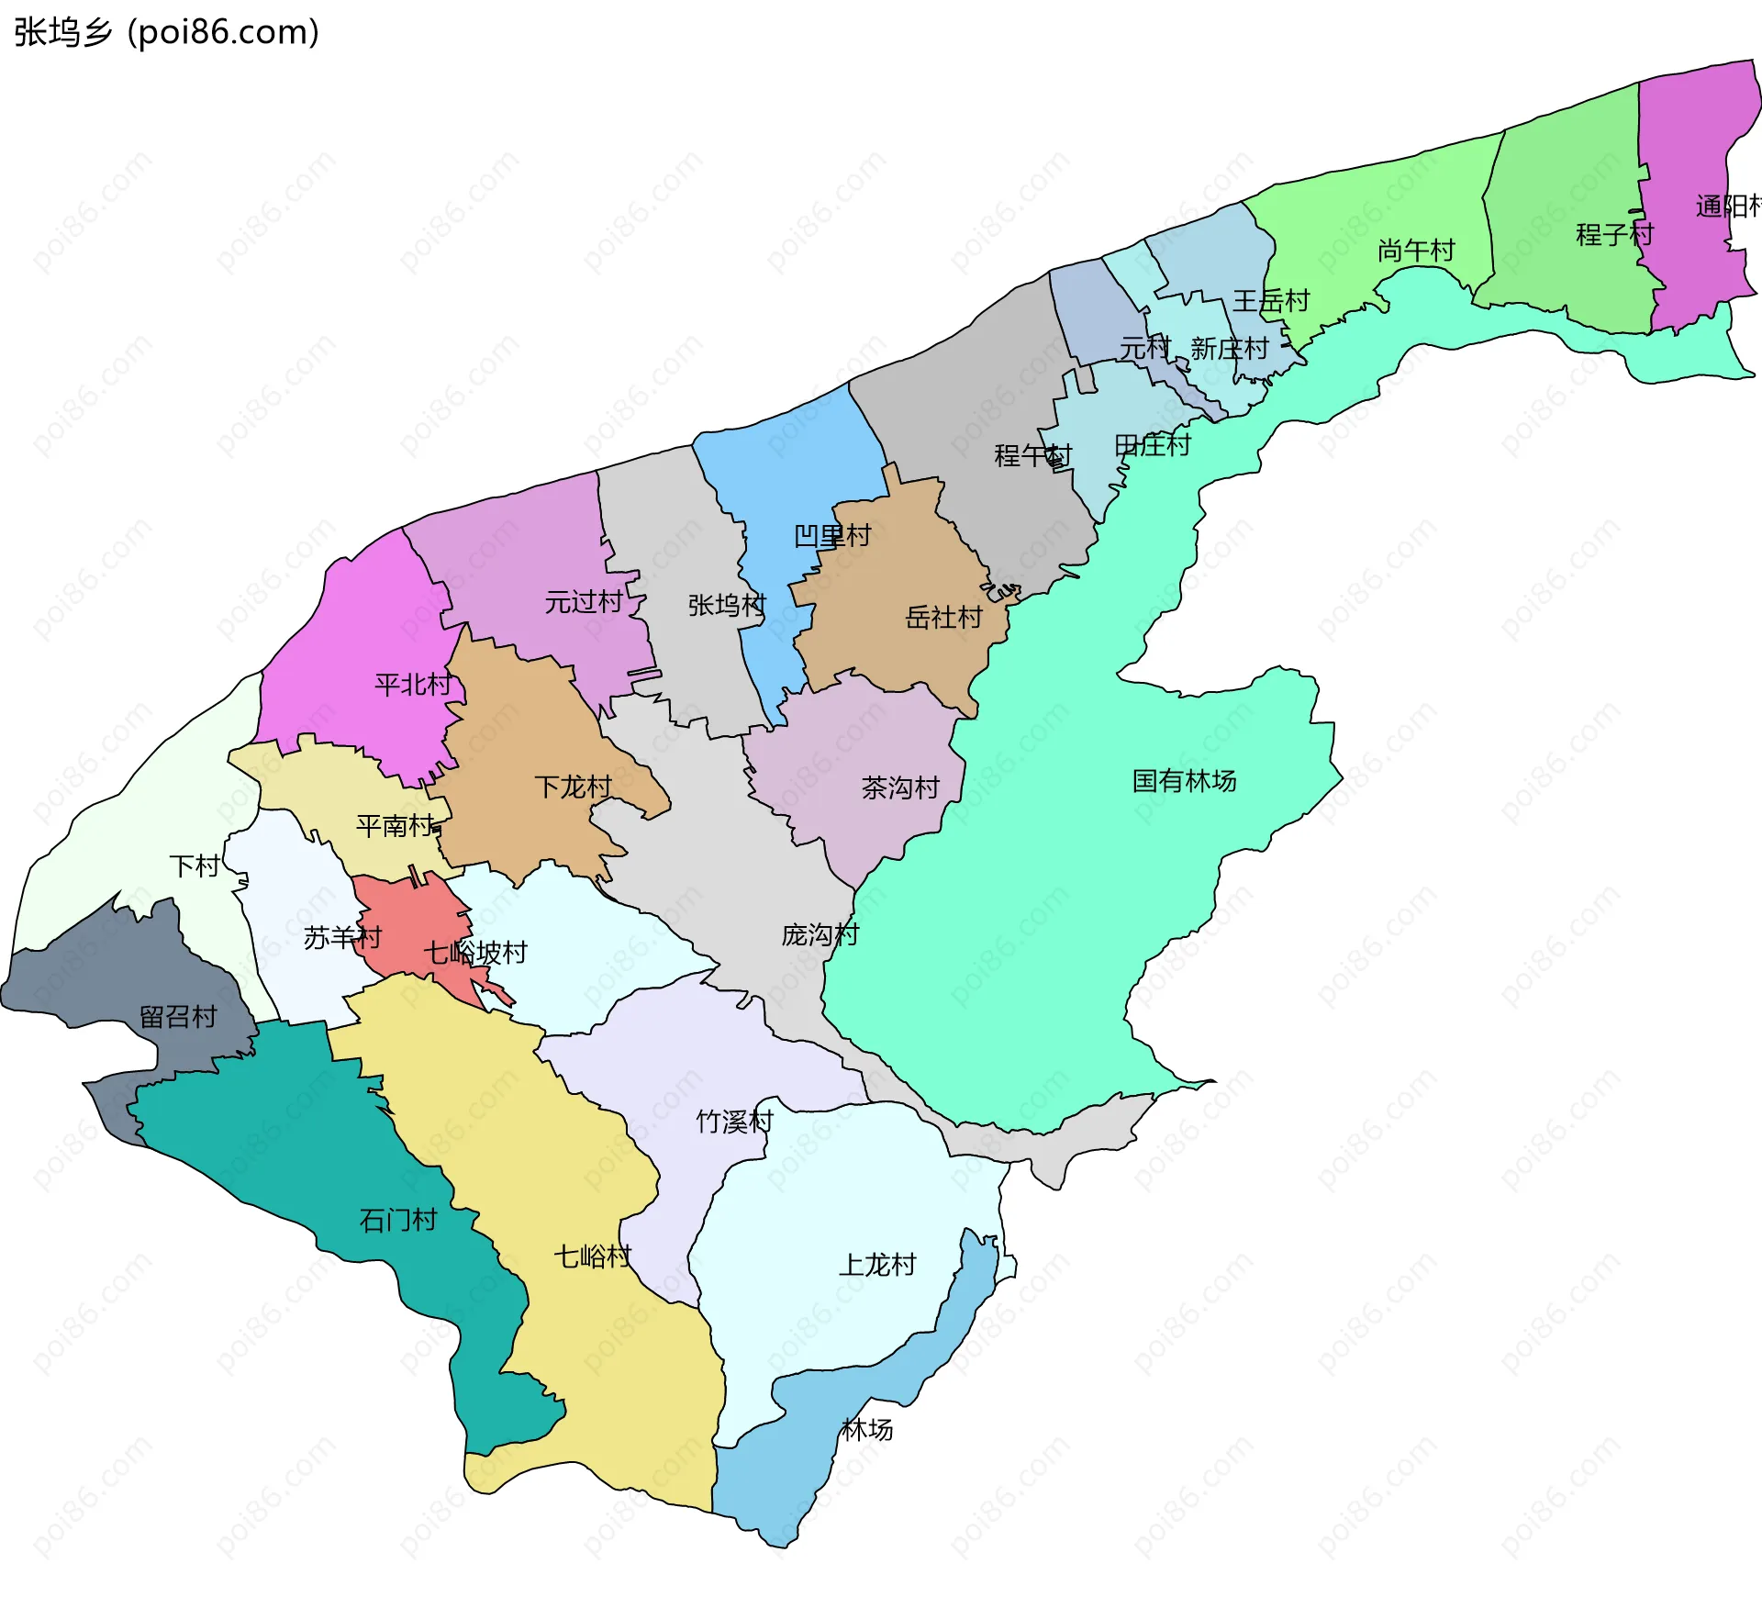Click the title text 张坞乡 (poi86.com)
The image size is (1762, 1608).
tap(166, 32)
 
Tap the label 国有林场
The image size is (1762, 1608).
tap(1184, 781)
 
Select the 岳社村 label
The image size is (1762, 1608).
tap(943, 618)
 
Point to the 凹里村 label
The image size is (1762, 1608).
tap(831, 536)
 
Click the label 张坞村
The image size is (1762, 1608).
tap(726, 605)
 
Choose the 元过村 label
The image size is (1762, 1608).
tap(584, 602)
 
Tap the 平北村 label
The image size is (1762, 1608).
tap(413, 685)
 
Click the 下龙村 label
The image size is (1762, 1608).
tap(574, 787)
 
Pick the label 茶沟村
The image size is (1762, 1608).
tap(900, 788)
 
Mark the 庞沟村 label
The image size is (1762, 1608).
tap(820, 935)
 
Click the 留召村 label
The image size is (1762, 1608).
tap(178, 1017)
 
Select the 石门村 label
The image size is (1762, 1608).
tap(397, 1221)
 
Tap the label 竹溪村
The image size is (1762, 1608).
tap(734, 1122)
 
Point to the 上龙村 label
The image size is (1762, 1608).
tap(877, 1265)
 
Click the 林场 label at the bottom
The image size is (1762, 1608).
tap(866, 1430)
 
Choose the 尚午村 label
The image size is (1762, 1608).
tap(1416, 251)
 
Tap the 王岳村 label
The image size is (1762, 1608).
tap(1270, 301)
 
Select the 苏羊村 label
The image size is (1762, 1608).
tap(341, 938)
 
